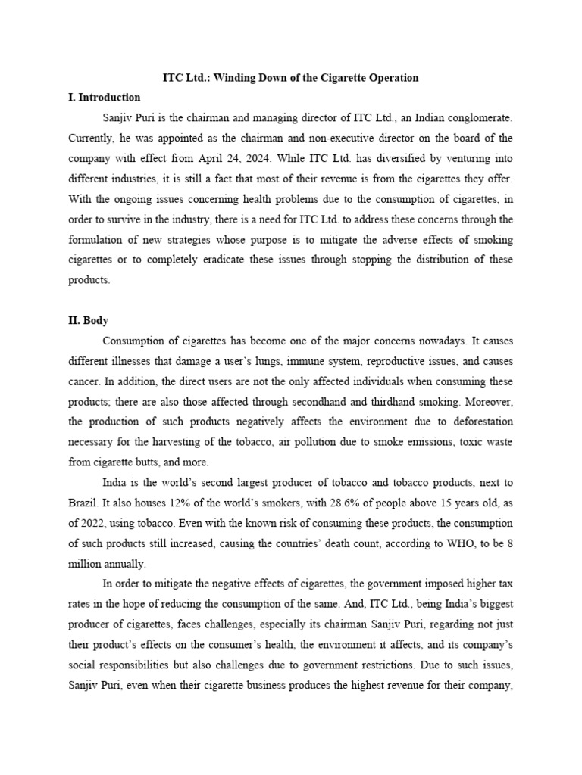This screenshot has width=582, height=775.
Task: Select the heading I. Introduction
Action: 105,98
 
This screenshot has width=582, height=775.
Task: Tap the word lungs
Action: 289,361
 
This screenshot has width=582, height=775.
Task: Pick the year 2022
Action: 95,523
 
